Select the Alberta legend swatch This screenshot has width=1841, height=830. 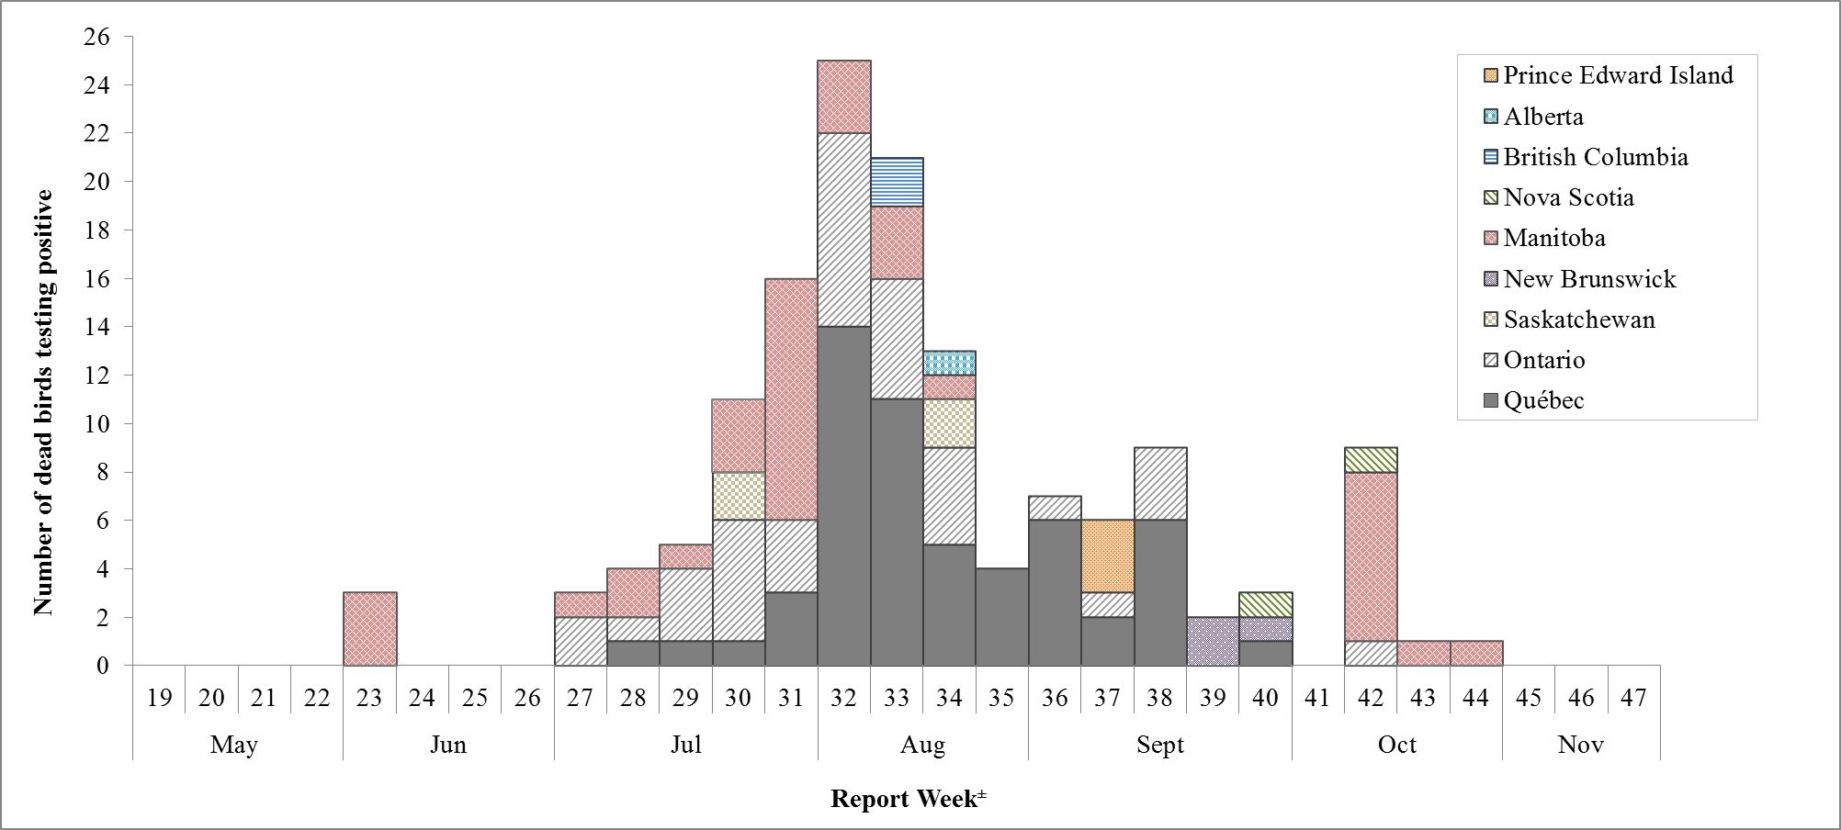click(1490, 117)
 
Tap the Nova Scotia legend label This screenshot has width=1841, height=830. click(1568, 197)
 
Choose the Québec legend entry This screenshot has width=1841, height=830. click(1543, 400)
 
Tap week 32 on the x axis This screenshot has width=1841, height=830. click(843, 698)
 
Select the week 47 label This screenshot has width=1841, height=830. click(1633, 698)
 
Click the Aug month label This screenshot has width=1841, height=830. click(922, 744)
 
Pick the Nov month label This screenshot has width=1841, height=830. click(1580, 744)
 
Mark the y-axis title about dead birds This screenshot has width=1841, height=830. click(43, 402)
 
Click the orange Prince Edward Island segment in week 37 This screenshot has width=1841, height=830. click(1107, 556)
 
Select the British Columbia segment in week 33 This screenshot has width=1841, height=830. click(897, 182)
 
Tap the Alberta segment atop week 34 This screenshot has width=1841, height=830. click(949, 363)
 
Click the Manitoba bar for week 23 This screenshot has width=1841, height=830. click(369, 629)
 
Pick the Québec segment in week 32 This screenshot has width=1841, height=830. click(843, 496)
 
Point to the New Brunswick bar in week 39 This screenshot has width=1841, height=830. click(1213, 641)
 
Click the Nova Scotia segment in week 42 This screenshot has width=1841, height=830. click(1371, 460)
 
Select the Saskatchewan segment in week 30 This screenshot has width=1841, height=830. click(738, 496)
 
